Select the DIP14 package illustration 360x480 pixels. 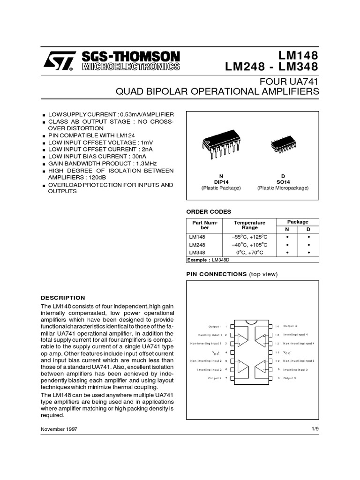click(x=221, y=147)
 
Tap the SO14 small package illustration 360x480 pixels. click(x=283, y=147)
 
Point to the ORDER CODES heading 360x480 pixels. click(x=209, y=211)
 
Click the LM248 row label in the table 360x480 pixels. click(x=197, y=245)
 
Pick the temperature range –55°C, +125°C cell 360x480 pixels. click(x=249, y=237)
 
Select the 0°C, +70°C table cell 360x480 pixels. click(x=249, y=253)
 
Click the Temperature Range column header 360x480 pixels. click(x=249, y=225)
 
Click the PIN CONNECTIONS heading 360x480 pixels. click(x=217, y=274)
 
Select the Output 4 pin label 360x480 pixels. click(x=290, y=326)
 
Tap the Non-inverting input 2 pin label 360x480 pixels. click(x=206, y=361)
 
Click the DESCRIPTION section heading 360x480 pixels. click(x=63, y=298)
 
